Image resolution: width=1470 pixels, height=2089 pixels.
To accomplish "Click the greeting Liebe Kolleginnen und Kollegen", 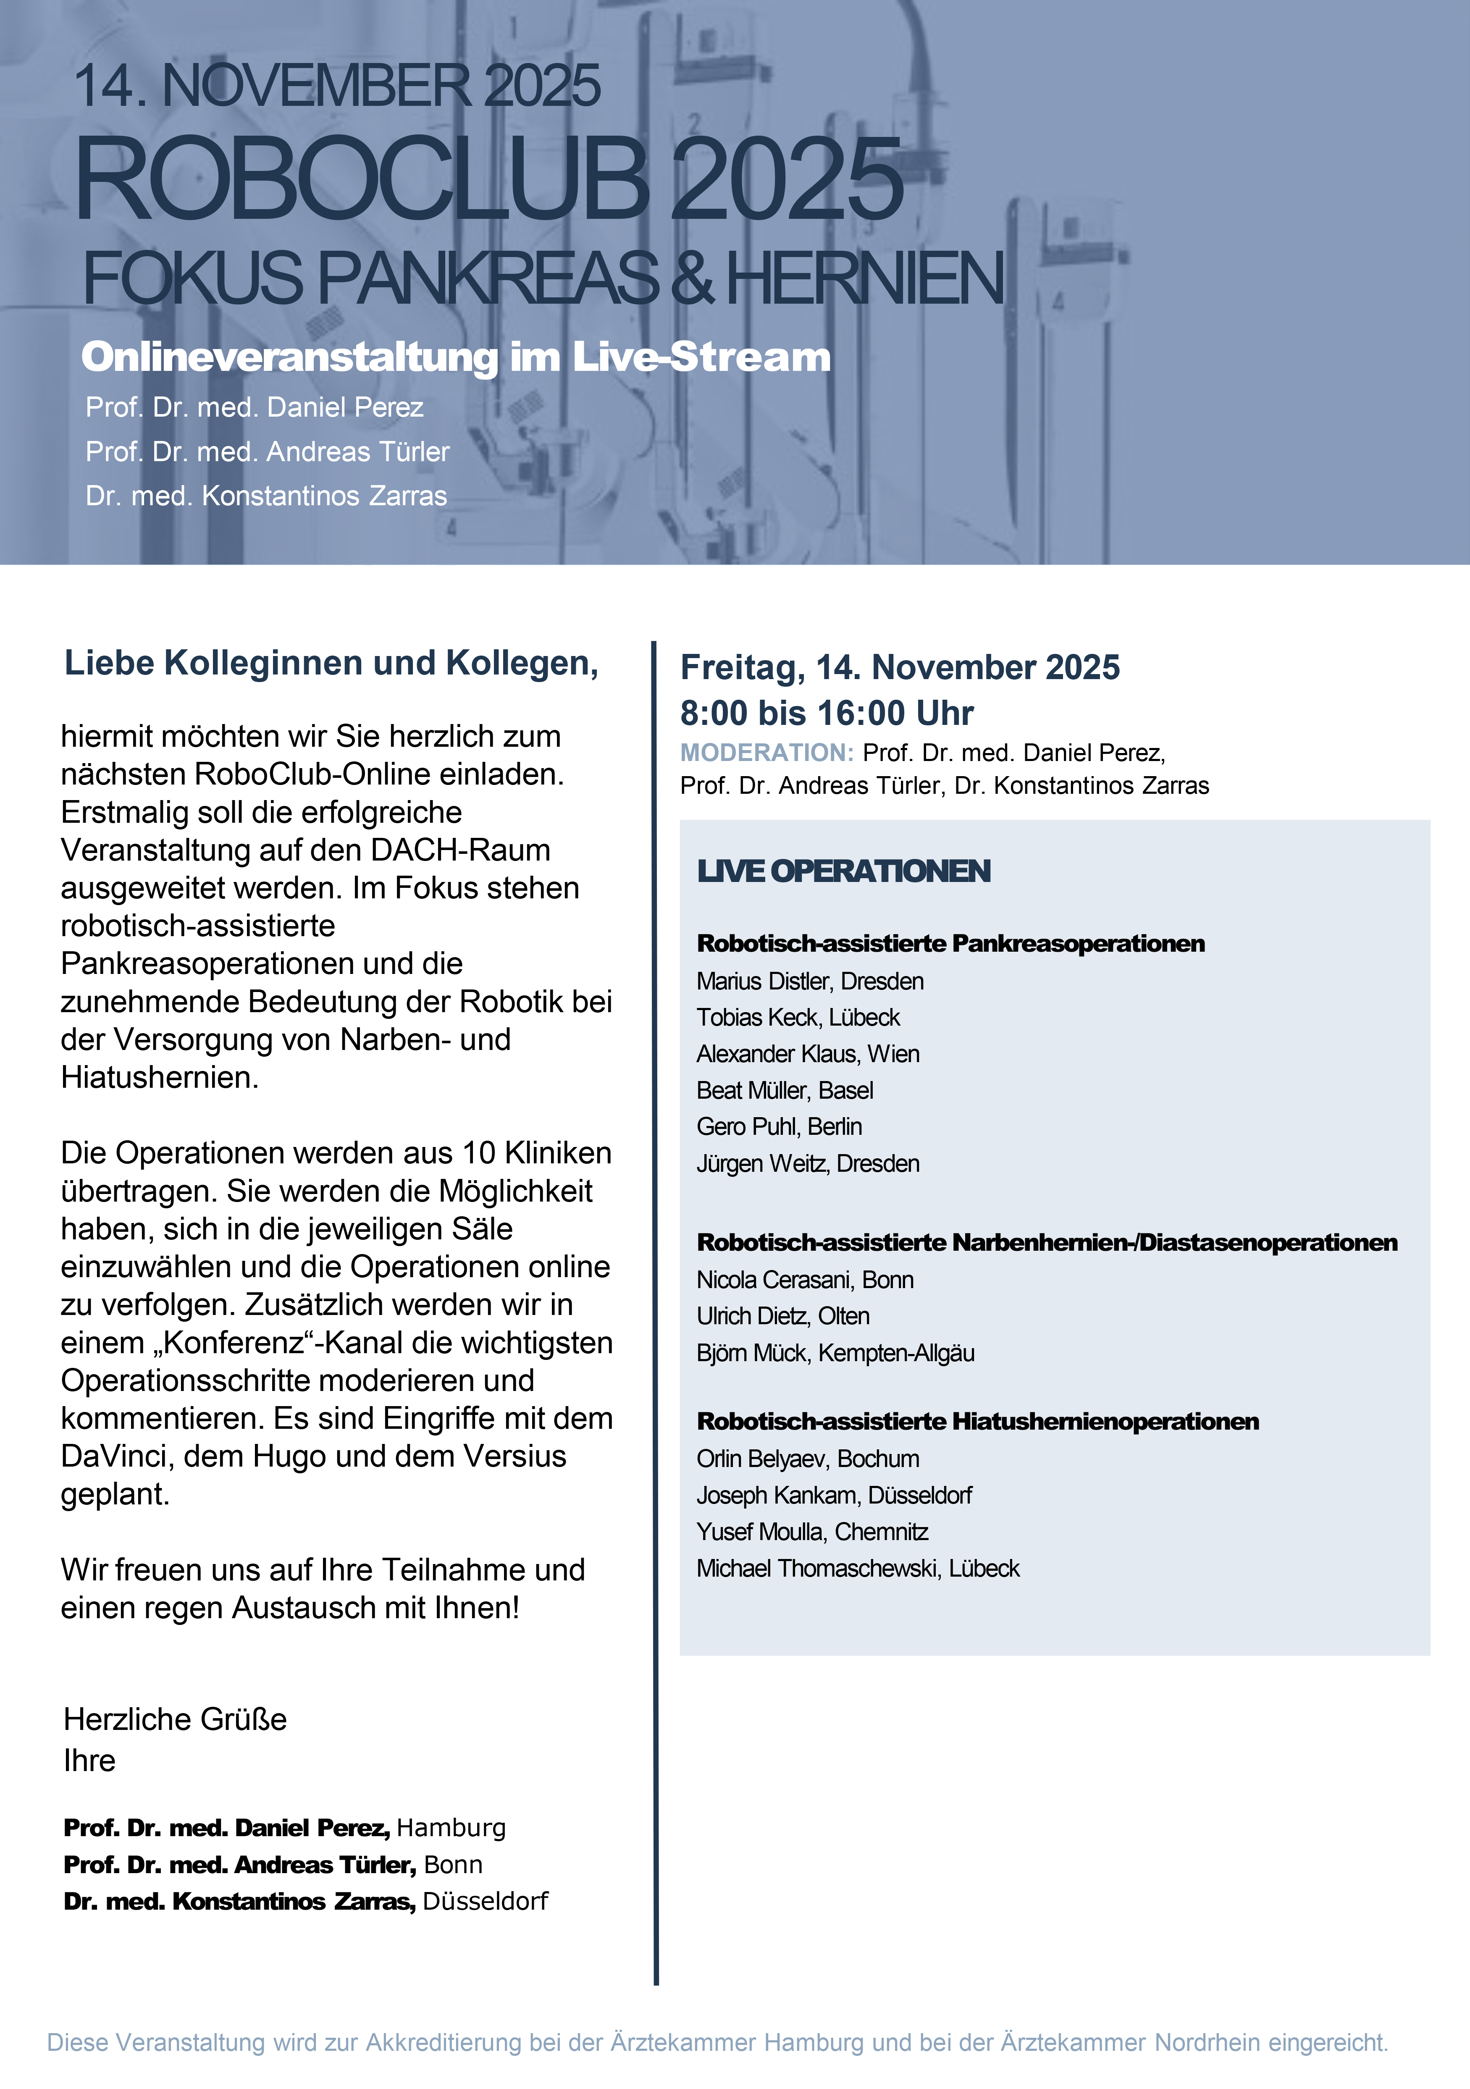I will (x=331, y=663).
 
